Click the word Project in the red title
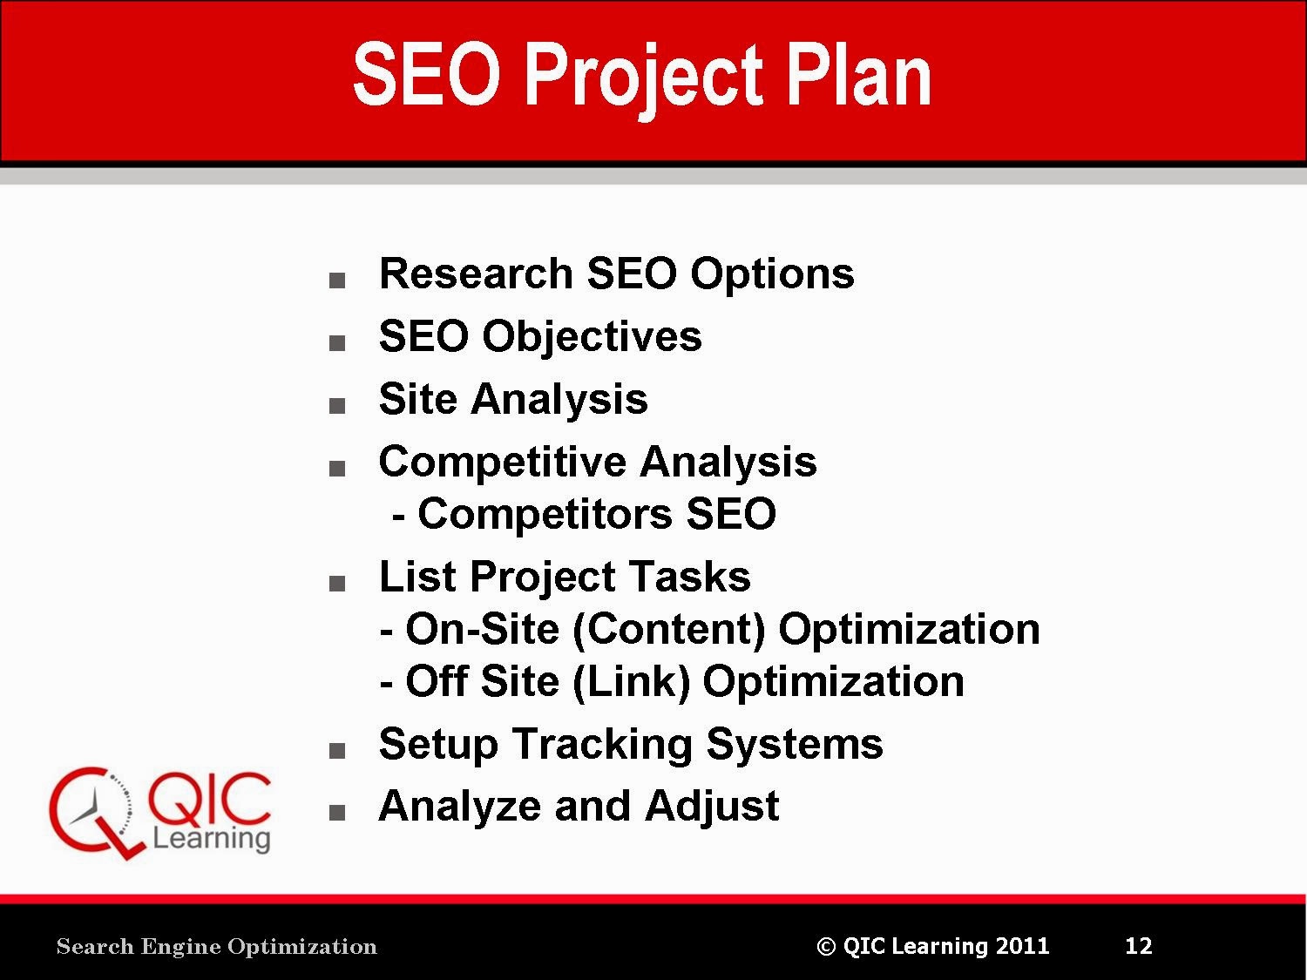643,80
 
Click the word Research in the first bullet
476,274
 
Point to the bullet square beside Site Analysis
337,406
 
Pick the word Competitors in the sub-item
545,514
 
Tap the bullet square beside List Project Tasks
337,583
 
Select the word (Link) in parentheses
631,682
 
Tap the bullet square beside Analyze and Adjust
337,812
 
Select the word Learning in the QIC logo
212,840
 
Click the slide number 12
1139,946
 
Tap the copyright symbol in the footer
826,946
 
